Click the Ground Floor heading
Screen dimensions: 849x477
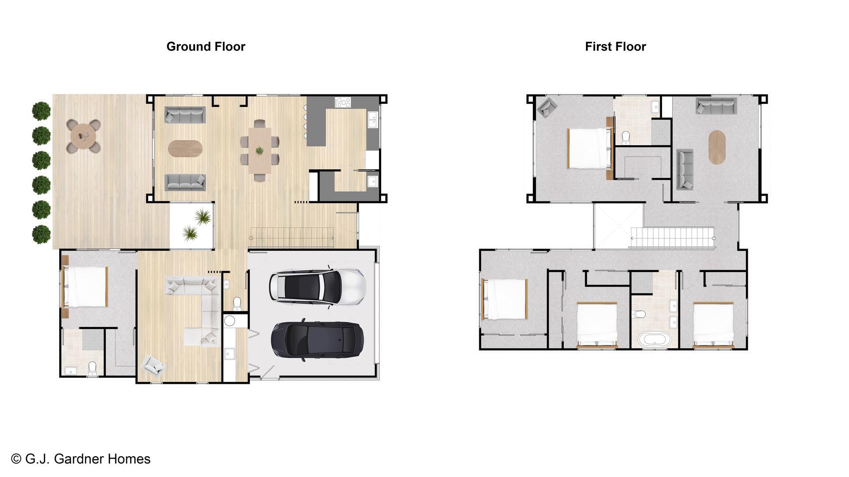(x=206, y=46)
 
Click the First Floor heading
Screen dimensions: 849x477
(x=616, y=46)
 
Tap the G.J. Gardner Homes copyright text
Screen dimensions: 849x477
(x=81, y=459)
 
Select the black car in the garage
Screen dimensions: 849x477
(x=317, y=339)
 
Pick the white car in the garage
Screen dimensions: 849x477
(x=317, y=286)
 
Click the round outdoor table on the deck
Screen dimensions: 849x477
(x=84, y=136)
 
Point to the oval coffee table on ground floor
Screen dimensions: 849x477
(x=185, y=148)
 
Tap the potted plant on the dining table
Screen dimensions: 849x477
(x=260, y=151)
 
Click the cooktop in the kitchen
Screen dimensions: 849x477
(x=343, y=102)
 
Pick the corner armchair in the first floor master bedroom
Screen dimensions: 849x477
(x=547, y=107)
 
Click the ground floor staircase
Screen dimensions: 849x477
(x=292, y=238)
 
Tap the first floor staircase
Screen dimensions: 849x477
(x=672, y=238)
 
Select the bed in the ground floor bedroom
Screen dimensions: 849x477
(x=85, y=287)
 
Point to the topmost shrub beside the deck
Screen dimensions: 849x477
(x=42, y=111)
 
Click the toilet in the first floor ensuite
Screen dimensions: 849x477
(x=626, y=137)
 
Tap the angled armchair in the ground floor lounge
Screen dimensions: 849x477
(x=153, y=366)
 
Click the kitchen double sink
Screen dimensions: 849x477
(x=373, y=119)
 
